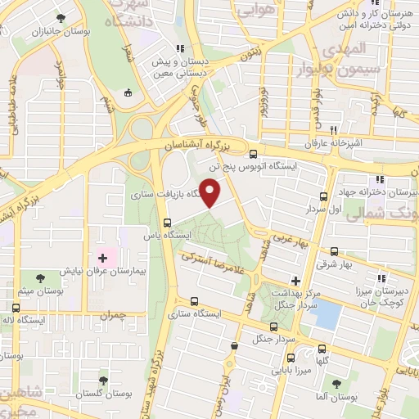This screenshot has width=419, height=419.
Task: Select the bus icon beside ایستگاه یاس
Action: coord(167,223)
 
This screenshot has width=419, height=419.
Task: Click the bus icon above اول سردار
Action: coord(323,196)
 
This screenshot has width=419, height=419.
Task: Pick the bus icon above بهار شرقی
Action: coord(334,252)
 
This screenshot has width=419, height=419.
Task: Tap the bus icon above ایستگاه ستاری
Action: coord(194,301)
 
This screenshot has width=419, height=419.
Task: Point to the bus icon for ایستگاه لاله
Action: coord(16,308)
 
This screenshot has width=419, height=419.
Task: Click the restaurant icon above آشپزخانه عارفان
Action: coord(333,130)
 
